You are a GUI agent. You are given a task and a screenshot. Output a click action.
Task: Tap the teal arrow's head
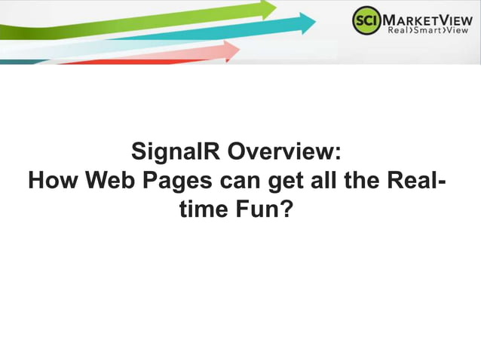click(x=307, y=23)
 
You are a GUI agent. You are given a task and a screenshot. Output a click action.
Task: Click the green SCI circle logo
click(x=366, y=21)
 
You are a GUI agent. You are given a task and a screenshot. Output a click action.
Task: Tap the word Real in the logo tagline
click(x=399, y=31)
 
